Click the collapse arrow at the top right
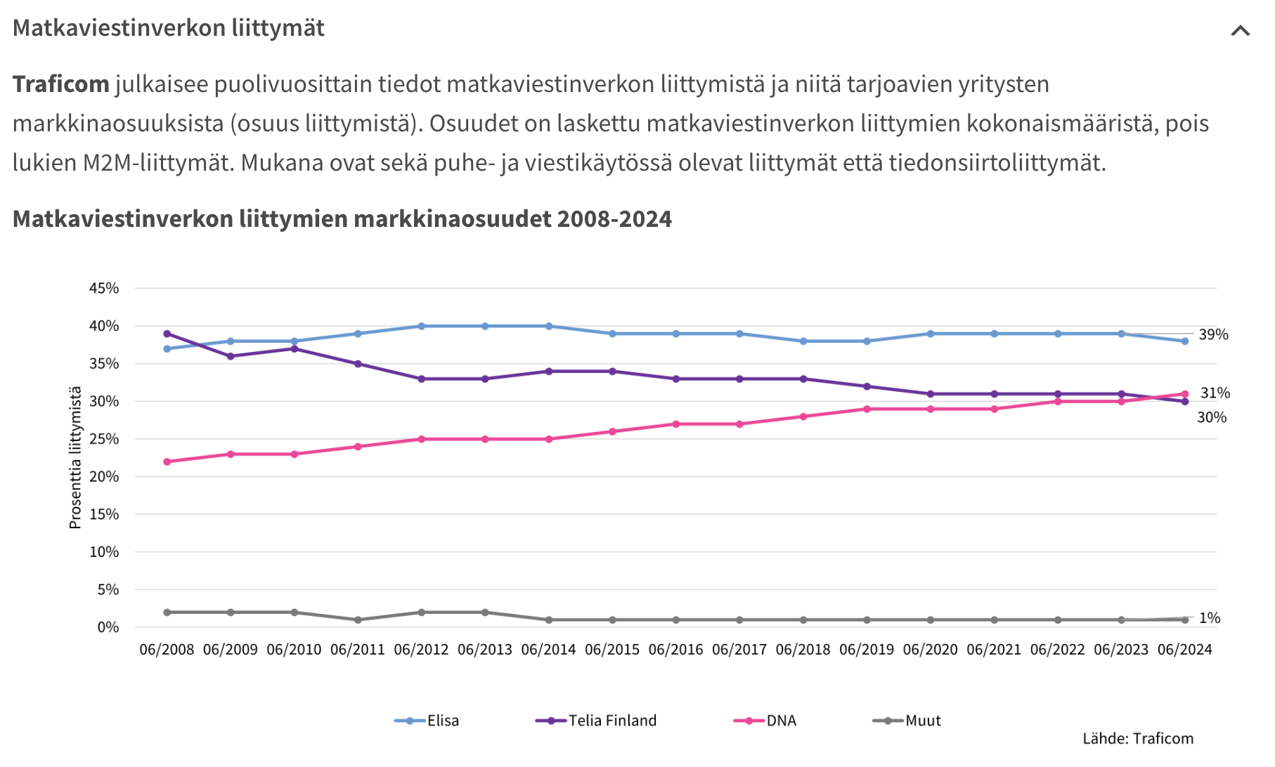pos(1240,31)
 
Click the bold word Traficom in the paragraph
pos(61,84)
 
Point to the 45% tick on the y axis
pos(104,289)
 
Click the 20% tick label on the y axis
pos(104,477)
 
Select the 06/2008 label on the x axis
pos(167,650)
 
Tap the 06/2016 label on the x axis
pos(675,650)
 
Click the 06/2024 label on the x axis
pos(1185,650)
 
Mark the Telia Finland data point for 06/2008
pos(167,334)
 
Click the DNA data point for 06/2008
pos(167,461)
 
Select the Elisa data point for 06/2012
pos(421,326)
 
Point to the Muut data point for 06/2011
pos(358,620)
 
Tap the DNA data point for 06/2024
pos(1185,394)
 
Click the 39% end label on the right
pos(1213,335)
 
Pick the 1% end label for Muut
pos(1210,618)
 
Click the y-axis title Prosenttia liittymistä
pos(75,457)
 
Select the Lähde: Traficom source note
pos(1137,739)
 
